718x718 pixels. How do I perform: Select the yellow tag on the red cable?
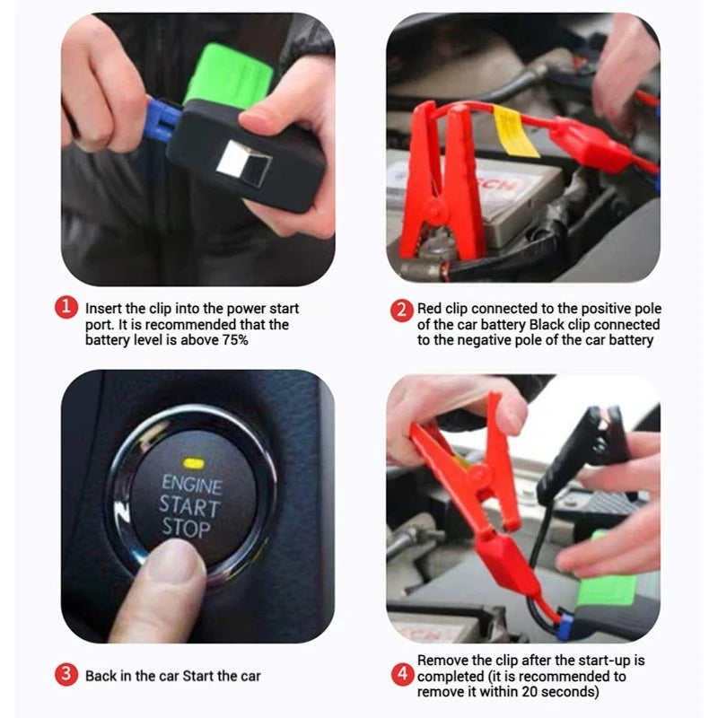tap(515, 131)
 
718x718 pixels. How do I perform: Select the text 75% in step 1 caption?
tap(227, 340)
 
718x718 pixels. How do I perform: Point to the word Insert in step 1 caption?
tap(104, 309)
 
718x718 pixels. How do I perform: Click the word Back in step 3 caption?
tap(101, 675)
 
